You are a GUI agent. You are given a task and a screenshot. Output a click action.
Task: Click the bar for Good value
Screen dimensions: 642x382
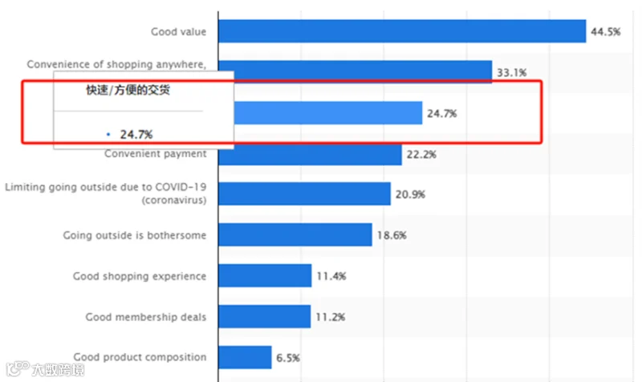tap(402, 31)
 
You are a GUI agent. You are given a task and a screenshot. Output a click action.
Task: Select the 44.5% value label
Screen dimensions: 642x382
tap(606, 32)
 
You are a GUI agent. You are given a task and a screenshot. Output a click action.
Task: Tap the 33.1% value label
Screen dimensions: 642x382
tap(512, 73)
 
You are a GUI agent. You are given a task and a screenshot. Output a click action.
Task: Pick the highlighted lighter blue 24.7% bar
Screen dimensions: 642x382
tap(328, 113)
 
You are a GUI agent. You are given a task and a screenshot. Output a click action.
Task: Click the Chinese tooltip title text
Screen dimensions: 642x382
tap(128, 90)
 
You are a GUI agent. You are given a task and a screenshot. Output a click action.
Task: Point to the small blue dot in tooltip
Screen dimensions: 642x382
tap(108, 134)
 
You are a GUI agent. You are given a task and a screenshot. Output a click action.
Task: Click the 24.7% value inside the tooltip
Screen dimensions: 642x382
tap(136, 134)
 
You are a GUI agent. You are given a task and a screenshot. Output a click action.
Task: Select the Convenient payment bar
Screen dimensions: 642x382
tap(310, 155)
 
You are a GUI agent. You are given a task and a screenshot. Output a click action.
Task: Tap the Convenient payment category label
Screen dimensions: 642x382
tap(156, 153)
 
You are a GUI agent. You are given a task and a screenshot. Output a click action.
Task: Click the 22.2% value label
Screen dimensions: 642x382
tap(421, 155)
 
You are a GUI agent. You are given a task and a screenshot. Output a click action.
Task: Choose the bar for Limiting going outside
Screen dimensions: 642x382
tap(305, 193)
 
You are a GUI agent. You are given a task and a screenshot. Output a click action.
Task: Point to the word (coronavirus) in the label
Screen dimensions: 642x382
tap(174, 200)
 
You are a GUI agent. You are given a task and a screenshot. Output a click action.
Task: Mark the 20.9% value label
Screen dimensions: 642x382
tap(410, 194)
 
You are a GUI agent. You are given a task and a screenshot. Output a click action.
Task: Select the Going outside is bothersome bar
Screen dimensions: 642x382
tap(295, 234)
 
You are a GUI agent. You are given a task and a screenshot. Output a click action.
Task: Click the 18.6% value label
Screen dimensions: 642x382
tap(392, 235)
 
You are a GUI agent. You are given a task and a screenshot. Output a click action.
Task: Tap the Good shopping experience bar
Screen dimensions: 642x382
tap(265, 275)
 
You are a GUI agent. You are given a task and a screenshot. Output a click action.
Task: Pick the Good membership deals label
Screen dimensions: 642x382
tap(146, 317)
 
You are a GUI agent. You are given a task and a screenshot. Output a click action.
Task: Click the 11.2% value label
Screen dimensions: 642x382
tap(331, 317)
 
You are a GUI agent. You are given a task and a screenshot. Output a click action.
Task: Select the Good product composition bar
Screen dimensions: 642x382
tap(245, 357)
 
